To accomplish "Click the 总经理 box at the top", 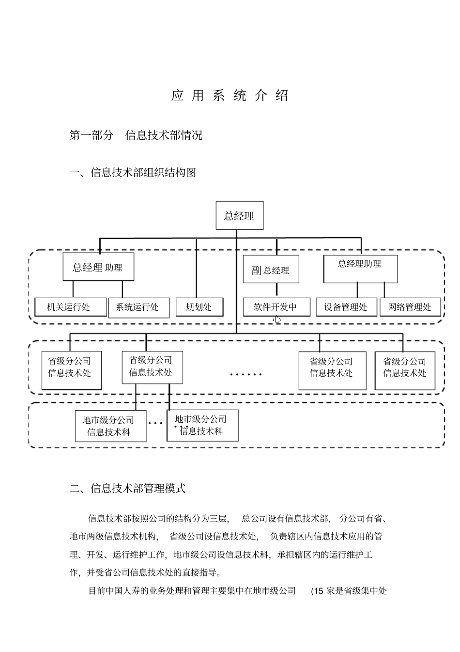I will [239, 216].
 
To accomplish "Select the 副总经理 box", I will [271, 270].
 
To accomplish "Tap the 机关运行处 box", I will [71, 307].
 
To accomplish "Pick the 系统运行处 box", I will [138, 307].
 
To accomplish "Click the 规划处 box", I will [199, 307].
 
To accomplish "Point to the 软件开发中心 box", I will [276, 307].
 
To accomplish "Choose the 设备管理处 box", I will [346, 307].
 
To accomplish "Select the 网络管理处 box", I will [410, 307].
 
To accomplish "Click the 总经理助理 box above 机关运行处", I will [98, 268].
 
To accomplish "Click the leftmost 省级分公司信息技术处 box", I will [71, 370].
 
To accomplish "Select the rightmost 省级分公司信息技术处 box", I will [405, 370].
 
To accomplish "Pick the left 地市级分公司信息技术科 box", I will [110, 426].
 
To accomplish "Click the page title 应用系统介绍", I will [230, 95].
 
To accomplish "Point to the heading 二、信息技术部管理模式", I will [128, 488].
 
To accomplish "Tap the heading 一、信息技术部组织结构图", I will [133, 172].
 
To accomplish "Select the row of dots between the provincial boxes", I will [245, 374].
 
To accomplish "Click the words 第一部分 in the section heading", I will [91, 135].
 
